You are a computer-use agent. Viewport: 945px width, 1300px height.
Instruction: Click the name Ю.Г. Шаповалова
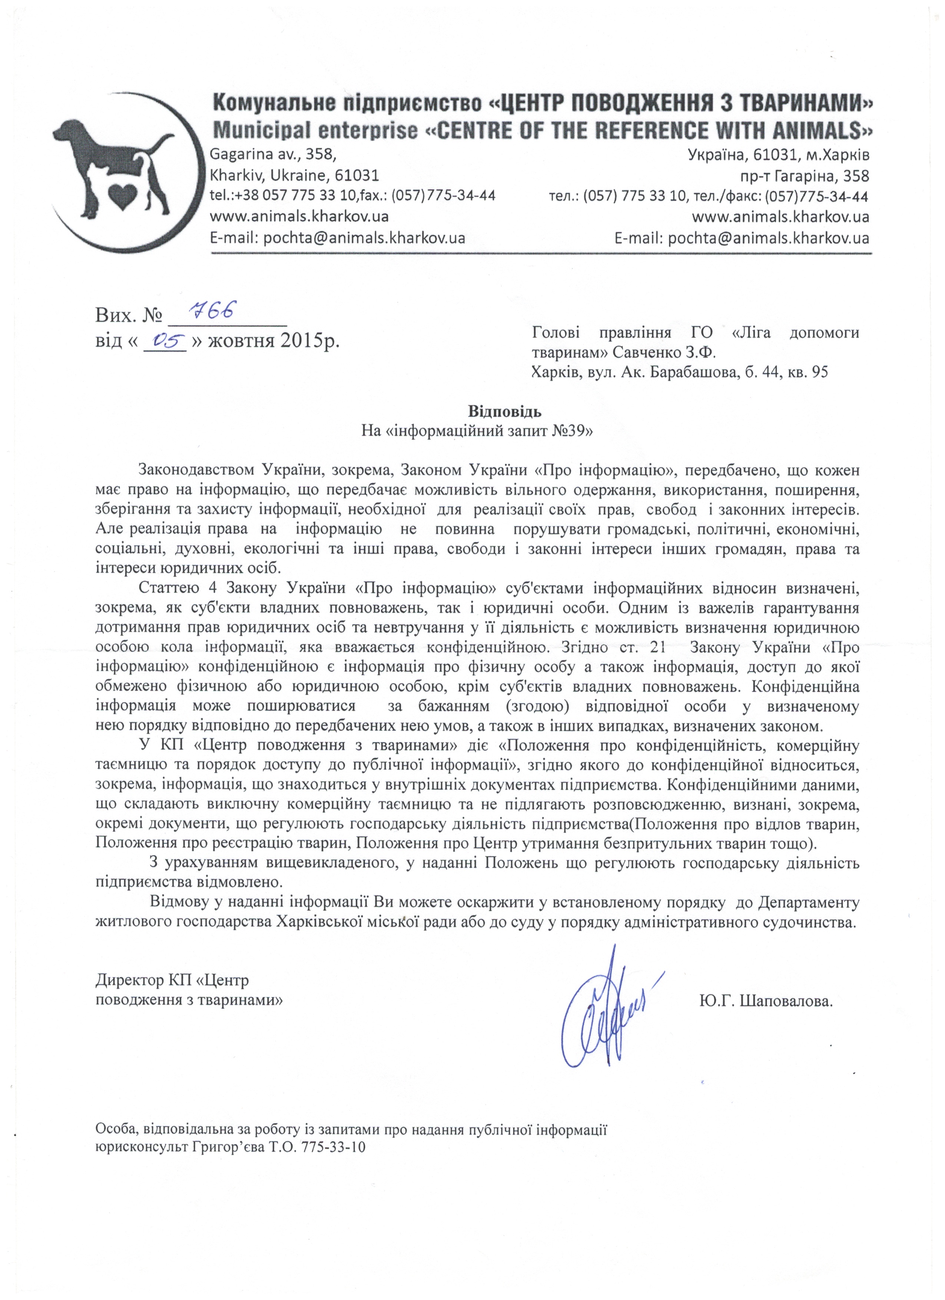click(x=765, y=1001)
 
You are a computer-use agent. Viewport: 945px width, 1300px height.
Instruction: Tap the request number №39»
click(x=572, y=431)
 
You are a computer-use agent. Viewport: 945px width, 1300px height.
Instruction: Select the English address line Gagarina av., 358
click(x=273, y=155)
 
